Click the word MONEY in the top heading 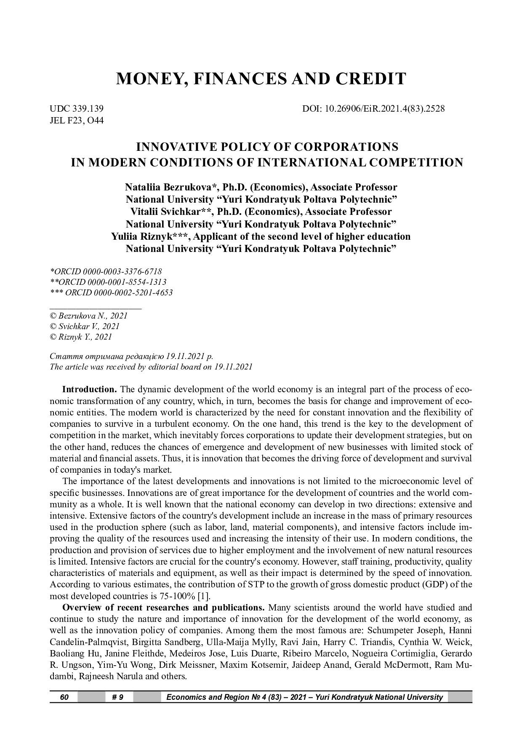pos(147,79)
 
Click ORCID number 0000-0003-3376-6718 pos(123,271)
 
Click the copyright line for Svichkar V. pos(85,326)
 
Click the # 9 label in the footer pos(118,697)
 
